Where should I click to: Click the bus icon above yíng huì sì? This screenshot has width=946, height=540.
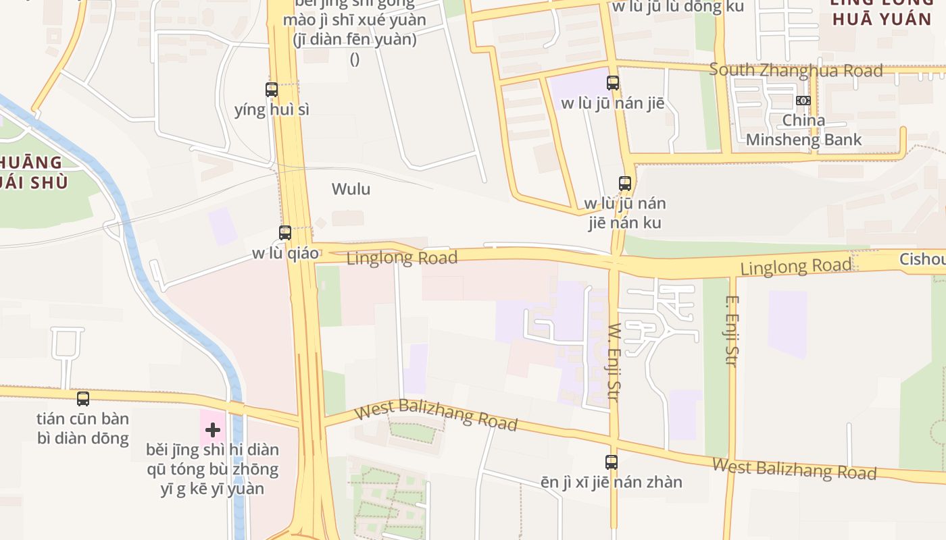click(x=272, y=89)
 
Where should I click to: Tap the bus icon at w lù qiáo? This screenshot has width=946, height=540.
click(x=285, y=233)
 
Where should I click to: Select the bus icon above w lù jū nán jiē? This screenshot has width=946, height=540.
click(x=613, y=83)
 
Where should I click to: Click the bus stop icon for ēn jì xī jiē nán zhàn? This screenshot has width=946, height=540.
click(x=612, y=462)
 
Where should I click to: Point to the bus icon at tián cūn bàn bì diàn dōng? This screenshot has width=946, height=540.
click(x=83, y=399)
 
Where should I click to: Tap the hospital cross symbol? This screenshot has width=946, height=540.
click(x=213, y=430)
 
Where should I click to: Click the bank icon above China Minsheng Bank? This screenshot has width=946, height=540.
click(x=803, y=100)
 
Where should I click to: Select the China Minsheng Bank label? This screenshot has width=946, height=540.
click(x=803, y=130)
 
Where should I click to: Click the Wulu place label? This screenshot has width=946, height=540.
click(x=351, y=189)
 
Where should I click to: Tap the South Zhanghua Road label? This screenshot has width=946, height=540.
click(x=796, y=70)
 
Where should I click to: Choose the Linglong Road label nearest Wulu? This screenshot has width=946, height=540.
click(x=402, y=257)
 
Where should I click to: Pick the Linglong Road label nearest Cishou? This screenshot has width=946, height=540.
click(x=795, y=267)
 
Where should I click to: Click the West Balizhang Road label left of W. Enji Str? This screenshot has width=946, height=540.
click(x=436, y=414)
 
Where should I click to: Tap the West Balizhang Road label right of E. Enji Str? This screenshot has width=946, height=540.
click(x=794, y=468)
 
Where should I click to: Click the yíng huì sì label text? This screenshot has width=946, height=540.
click(x=272, y=109)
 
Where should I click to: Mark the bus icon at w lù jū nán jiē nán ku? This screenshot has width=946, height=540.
click(x=625, y=183)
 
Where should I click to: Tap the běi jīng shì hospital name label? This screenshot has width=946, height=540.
click(x=212, y=468)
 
